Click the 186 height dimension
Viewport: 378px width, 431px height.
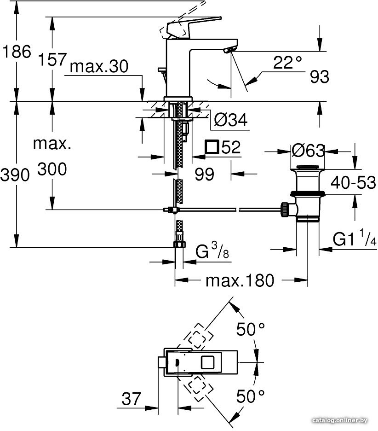(x=17, y=52)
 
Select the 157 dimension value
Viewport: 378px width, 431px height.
(x=52, y=59)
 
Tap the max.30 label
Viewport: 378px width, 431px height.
(x=99, y=66)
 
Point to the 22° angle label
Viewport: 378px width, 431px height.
(x=287, y=62)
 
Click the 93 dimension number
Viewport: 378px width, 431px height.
(x=319, y=77)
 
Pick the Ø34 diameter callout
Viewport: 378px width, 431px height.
(x=230, y=120)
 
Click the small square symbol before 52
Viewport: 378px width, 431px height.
(x=212, y=147)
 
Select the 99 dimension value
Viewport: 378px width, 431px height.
(x=204, y=174)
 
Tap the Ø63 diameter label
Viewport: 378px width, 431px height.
(x=308, y=151)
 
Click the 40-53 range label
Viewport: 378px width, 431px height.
(x=353, y=182)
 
